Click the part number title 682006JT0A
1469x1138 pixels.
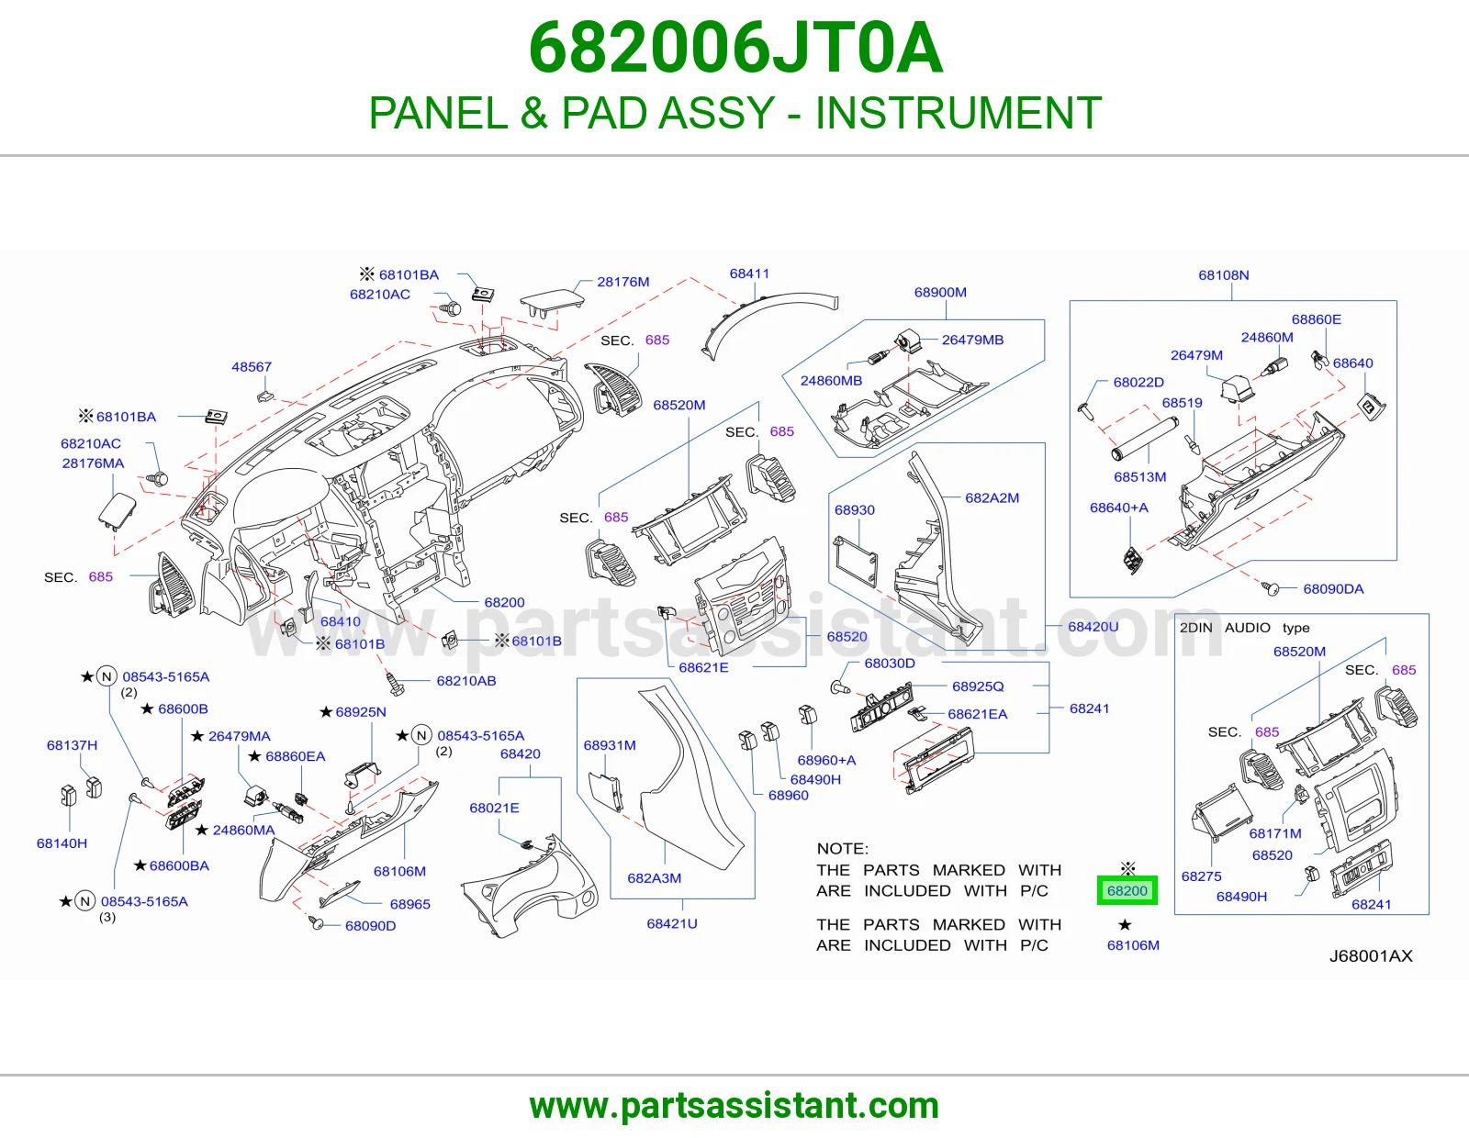(x=735, y=48)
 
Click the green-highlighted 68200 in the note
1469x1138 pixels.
(x=1127, y=890)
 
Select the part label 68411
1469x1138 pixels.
(x=749, y=273)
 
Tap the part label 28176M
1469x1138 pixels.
(x=622, y=282)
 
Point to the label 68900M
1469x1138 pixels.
(x=940, y=293)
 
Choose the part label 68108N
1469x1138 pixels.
(x=1224, y=275)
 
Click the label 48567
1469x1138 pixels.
(x=252, y=367)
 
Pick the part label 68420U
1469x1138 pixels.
(x=1093, y=627)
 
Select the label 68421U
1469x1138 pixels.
(x=672, y=923)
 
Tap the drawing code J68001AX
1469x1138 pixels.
(x=1371, y=956)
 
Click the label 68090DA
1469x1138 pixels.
(x=1333, y=588)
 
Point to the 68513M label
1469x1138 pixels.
(x=1139, y=477)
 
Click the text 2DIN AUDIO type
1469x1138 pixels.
(x=1245, y=628)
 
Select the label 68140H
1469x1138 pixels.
(x=62, y=843)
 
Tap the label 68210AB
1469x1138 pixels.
(x=465, y=680)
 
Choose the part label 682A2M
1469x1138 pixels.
(x=992, y=498)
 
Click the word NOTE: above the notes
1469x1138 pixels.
(x=842, y=849)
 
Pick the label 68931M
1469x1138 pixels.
(x=610, y=745)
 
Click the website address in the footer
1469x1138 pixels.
(x=734, y=1106)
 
